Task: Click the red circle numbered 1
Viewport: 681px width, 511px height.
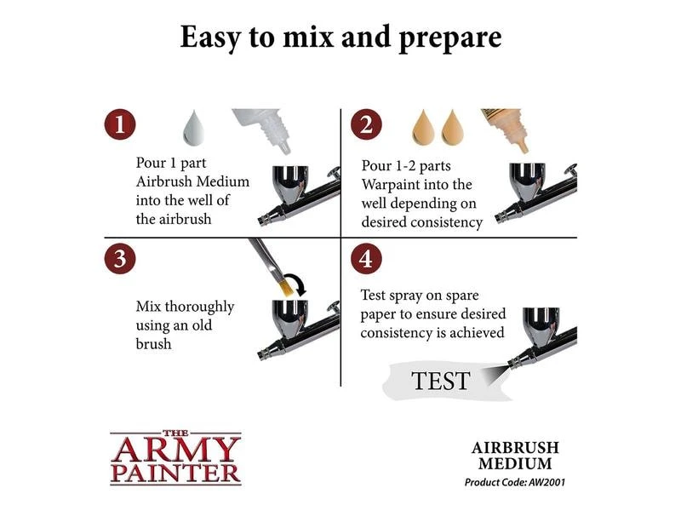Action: point(120,124)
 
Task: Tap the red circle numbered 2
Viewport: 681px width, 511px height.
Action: point(366,124)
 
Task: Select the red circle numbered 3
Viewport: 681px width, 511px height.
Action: point(120,259)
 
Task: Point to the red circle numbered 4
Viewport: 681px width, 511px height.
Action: point(366,259)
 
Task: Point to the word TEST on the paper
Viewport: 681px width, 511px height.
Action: point(440,381)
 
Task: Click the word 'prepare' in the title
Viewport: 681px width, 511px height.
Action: point(449,38)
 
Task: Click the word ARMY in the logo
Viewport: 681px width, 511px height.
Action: point(175,450)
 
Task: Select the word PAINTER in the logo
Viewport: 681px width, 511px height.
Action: point(175,474)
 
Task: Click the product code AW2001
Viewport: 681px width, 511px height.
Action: point(547,482)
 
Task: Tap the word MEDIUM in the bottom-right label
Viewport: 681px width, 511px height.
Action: point(515,463)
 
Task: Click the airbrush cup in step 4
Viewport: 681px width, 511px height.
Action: point(541,324)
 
